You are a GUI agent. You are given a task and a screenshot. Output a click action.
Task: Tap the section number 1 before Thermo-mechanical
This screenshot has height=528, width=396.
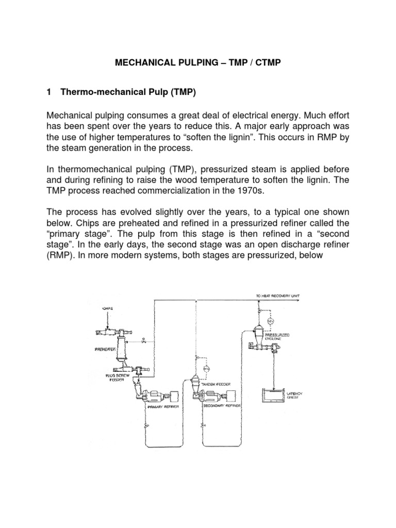pos(49,93)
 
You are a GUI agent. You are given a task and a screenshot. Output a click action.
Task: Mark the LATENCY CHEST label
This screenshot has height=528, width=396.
pos(294,396)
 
